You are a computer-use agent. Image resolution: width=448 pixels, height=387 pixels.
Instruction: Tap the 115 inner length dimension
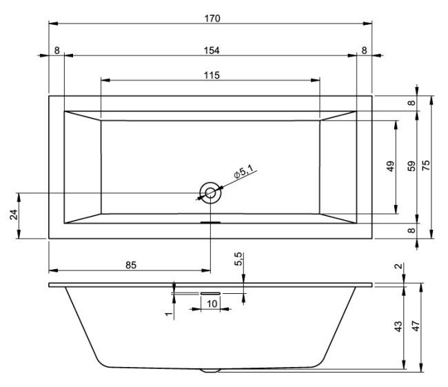212,75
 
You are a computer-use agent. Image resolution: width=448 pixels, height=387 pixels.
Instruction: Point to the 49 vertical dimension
390,168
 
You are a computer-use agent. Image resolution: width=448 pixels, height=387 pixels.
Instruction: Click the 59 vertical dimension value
411,166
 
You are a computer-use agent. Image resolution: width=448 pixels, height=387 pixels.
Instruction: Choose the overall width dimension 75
425,166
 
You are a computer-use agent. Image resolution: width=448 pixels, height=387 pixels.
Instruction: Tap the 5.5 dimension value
238,260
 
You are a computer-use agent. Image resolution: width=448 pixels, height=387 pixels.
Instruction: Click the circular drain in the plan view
210,193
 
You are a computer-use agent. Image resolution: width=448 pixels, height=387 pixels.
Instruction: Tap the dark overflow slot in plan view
210,222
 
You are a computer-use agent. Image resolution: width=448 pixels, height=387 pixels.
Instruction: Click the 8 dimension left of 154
56,50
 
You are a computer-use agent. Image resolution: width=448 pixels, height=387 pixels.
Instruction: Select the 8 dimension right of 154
364,50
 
